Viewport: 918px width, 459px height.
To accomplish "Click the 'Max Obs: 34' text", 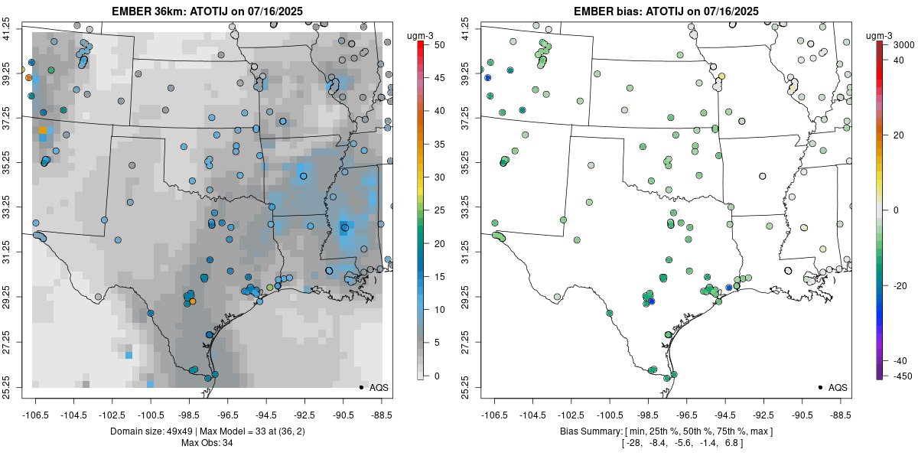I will click(207, 443).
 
